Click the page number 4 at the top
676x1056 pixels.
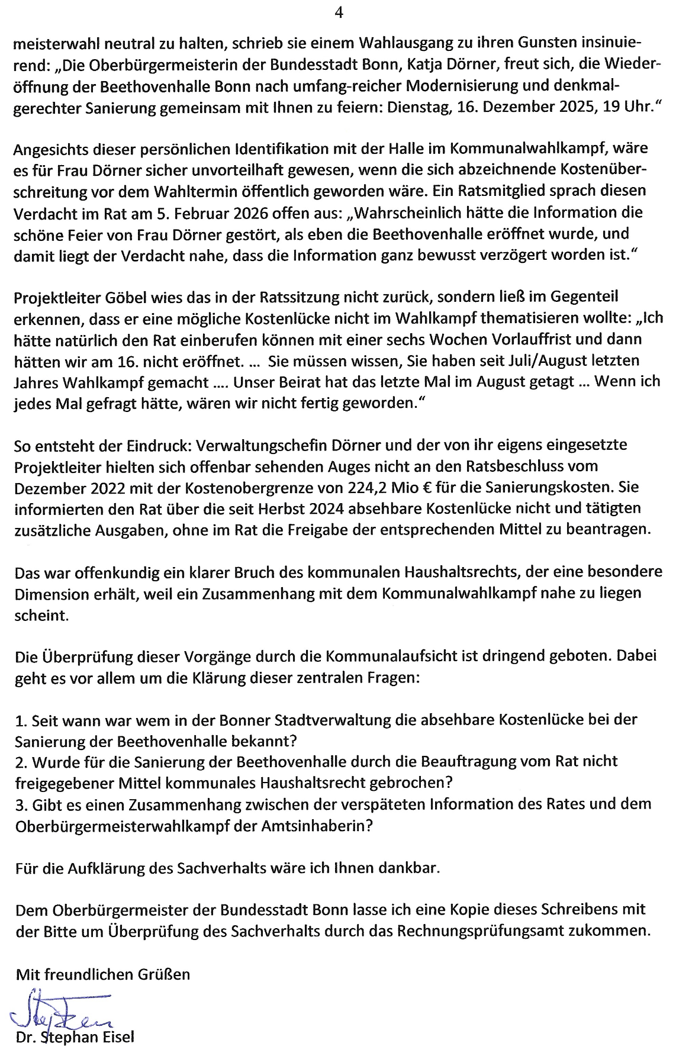[x=339, y=12]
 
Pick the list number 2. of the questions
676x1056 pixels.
[x=21, y=762]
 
